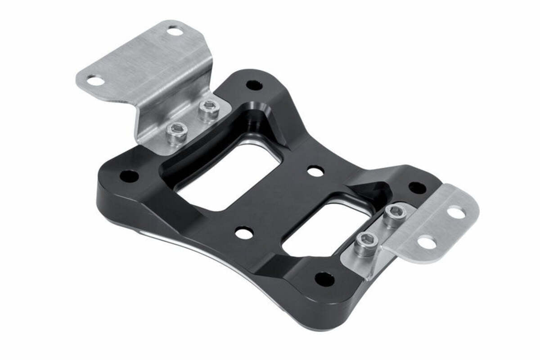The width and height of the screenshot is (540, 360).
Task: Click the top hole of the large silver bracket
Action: (x=175, y=31)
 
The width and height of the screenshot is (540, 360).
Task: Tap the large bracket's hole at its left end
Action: (x=94, y=81)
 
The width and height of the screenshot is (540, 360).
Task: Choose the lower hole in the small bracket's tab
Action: (x=427, y=243)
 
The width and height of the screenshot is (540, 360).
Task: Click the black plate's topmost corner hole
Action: (x=254, y=85)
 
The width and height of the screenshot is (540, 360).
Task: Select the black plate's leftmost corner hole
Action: (x=130, y=176)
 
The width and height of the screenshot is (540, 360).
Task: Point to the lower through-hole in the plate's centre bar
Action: (x=244, y=233)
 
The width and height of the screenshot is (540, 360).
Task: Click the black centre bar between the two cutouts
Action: (x=279, y=202)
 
